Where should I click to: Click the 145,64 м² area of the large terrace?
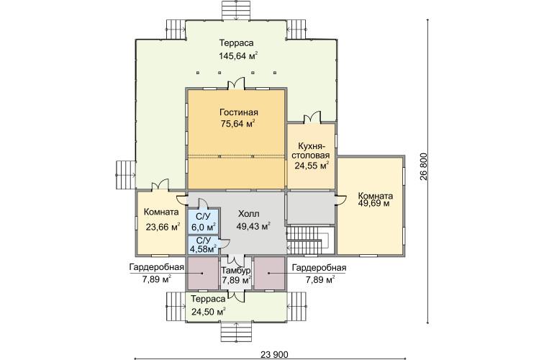[238, 56]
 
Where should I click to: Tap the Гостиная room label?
[239, 112]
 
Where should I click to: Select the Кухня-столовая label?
[311, 150]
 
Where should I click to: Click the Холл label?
[248, 214]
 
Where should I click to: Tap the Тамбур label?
[236, 271]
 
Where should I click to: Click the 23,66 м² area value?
[163, 227]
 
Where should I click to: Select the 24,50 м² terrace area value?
[209, 311]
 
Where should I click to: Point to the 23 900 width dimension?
[274, 355]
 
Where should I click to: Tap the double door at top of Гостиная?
[236, 84]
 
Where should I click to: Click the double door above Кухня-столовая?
[312, 117]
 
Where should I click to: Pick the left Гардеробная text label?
[156, 268]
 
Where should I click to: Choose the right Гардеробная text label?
[319, 268]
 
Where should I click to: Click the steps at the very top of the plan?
[236, 10]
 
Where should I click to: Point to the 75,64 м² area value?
[238, 124]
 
